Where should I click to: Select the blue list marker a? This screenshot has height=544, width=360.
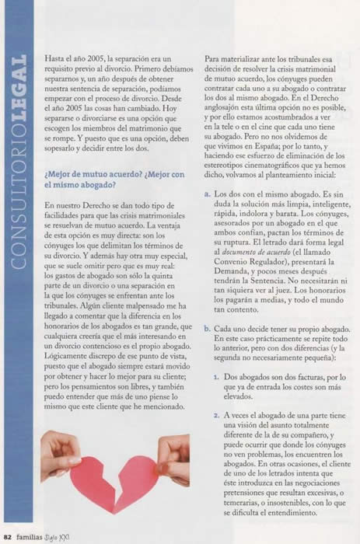(207, 192)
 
